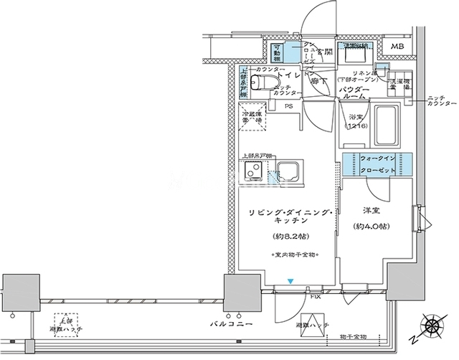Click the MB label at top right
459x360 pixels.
click(x=396, y=48)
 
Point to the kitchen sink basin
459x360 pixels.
click(x=288, y=173)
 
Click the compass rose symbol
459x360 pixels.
click(x=433, y=326)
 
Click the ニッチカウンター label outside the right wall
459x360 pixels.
click(x=437, y=100)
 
